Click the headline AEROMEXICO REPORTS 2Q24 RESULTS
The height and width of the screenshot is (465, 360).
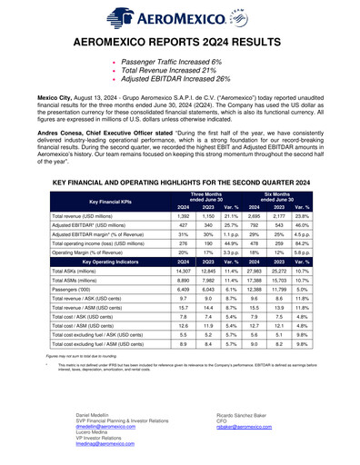coord(180,43)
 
